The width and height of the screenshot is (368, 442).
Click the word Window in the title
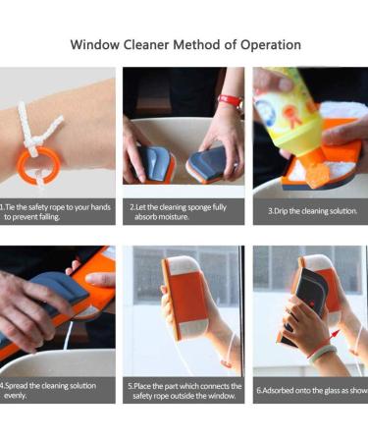point(97,45)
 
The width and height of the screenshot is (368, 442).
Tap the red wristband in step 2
point(229,101)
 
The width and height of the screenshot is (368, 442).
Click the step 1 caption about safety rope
point(56,211)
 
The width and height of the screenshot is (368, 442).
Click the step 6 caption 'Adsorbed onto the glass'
point(312,390)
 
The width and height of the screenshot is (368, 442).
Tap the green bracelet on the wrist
point(323,352)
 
